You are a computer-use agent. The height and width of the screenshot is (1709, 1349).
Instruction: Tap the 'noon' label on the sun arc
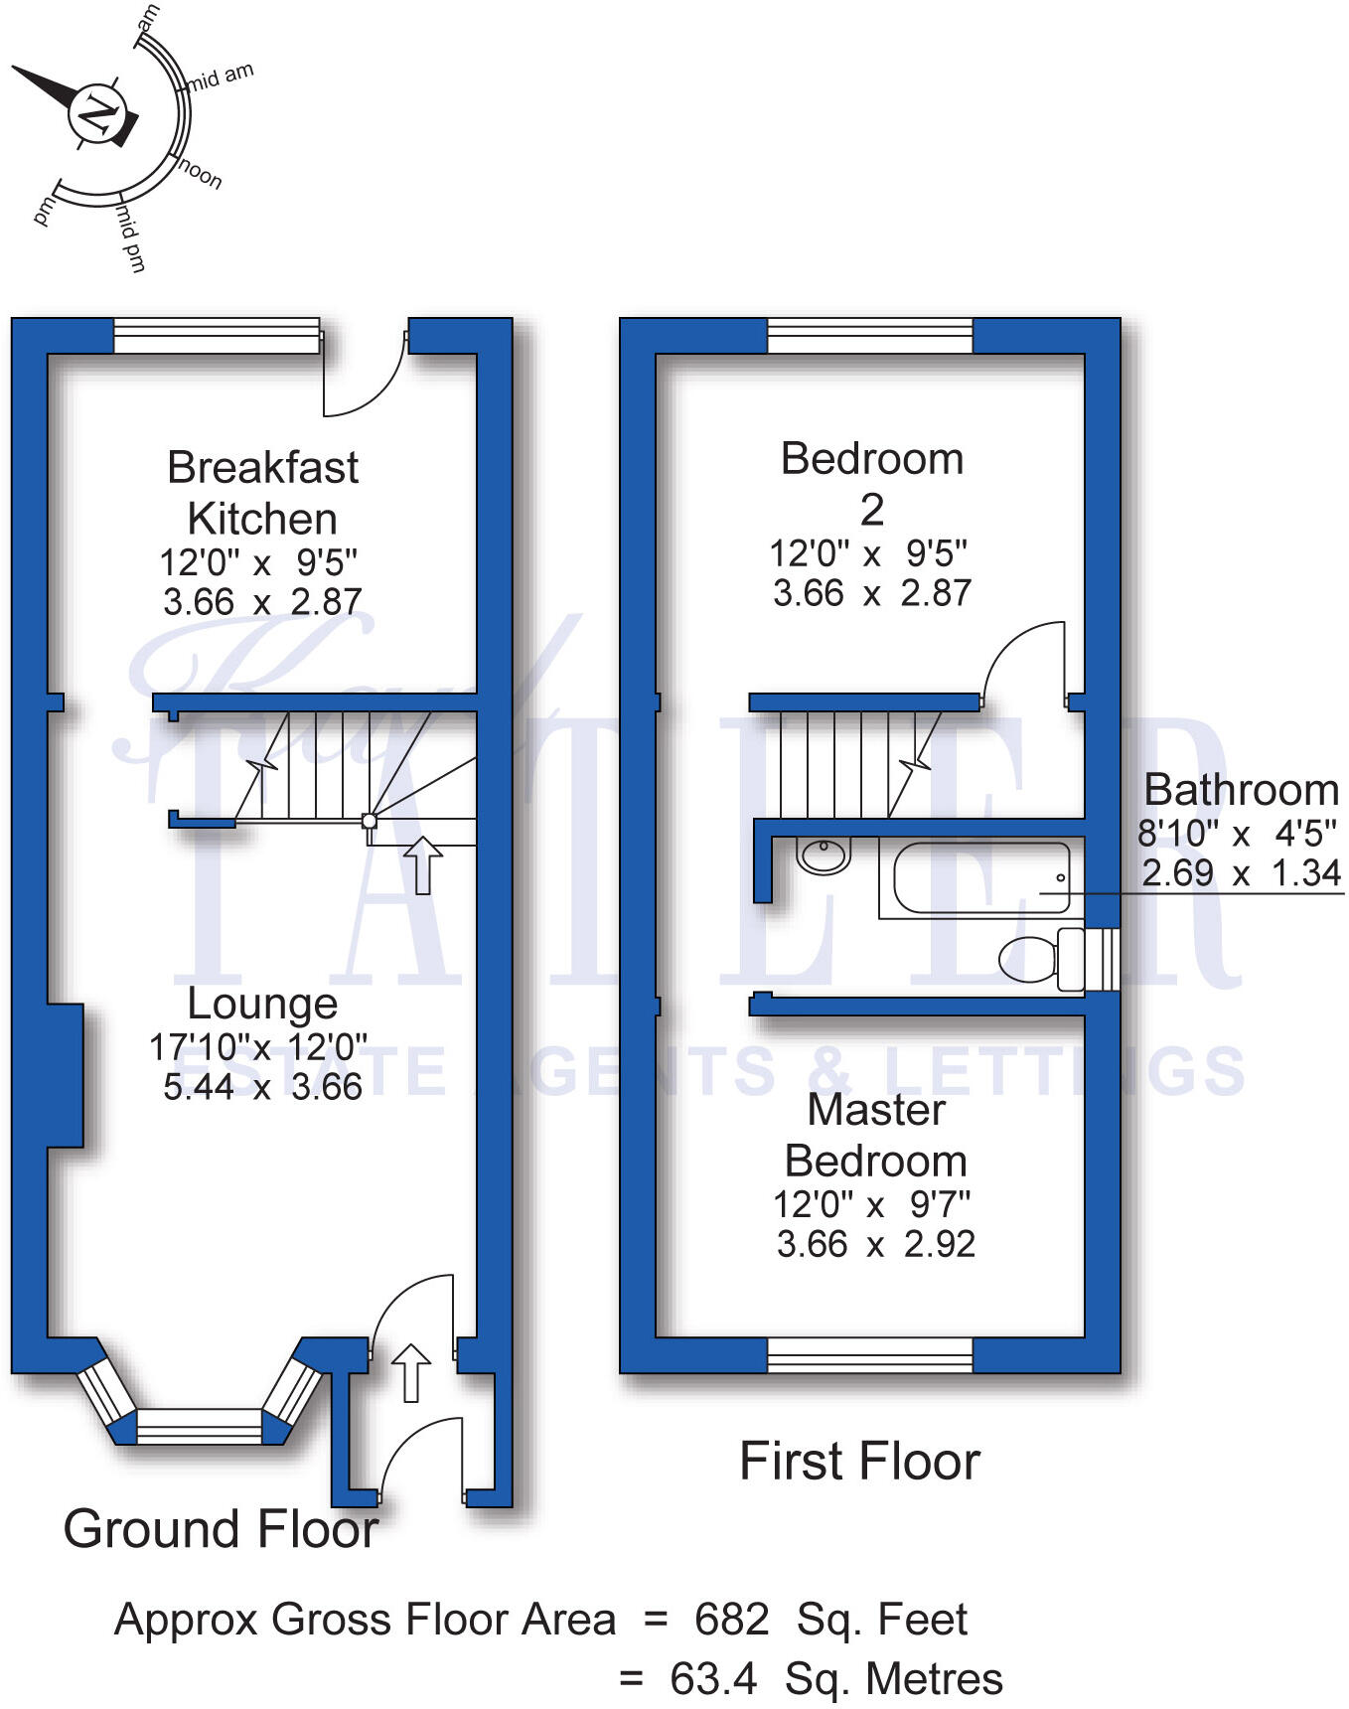click(x=201, y=174)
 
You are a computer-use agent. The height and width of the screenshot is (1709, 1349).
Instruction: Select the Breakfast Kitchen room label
click(x=262, y=493)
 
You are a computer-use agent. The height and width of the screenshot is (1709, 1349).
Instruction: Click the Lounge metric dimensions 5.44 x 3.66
click(x=262, y=1087)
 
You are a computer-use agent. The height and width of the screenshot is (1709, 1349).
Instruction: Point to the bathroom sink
click(x=824, y=854)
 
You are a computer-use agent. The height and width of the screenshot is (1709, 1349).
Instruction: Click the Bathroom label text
click(x=1241, y=790)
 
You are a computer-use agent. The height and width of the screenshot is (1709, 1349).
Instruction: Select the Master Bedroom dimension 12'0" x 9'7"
click(x=871, y=1204)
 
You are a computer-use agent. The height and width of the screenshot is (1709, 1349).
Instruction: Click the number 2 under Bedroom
click(x=871, y=511)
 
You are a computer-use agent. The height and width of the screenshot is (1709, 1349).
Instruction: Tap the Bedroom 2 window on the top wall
click(x=870, y=336)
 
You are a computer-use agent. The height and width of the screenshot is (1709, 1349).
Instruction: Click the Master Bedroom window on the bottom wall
click(x=870, y=1354)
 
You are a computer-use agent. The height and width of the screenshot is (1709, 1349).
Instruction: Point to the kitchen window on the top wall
click(x=217, y=336)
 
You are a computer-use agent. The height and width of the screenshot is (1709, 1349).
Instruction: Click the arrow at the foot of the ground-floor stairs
click(x=423, y=864)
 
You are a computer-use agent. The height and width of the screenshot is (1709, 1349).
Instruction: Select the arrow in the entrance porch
click(x=411, y=1373)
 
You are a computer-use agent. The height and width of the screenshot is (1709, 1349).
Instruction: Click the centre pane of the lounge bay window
click(x=199, y=1426)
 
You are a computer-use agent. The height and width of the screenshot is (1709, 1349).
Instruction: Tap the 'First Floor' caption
click(x=859, y=1462)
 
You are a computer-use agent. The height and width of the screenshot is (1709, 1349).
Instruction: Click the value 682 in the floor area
click(x=731, y=1620)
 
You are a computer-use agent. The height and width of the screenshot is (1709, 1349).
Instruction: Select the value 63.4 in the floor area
click(x=713, y=1679)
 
